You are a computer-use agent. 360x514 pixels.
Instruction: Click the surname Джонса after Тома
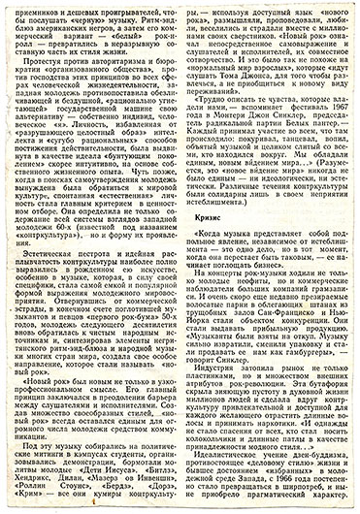pos(254,109)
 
